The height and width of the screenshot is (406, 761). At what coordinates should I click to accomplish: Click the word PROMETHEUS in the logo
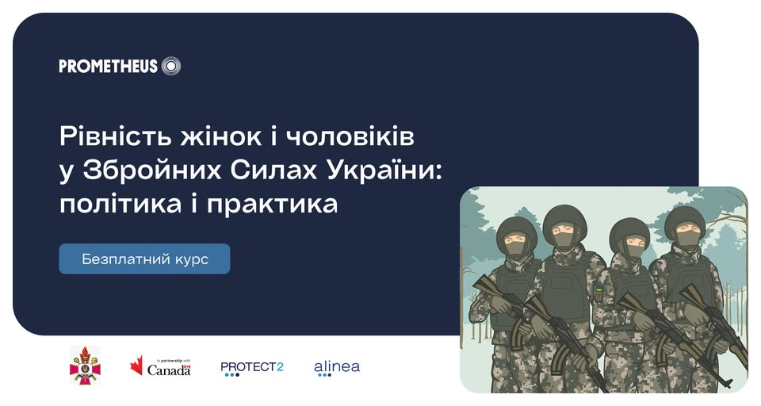(x=109, y=66)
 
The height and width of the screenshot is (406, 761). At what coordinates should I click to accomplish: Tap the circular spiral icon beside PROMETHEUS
(x=171, y=66)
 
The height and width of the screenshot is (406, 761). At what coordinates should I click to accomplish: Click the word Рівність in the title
(x=116, y=136)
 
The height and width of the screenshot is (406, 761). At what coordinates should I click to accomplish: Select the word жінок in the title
(x=221, y=136)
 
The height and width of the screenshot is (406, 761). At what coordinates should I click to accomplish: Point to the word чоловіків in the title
(x=350, y=136)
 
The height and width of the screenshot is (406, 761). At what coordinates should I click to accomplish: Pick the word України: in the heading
(x=384, y=170)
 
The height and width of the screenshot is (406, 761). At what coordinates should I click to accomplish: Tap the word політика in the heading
(x=120, y=204)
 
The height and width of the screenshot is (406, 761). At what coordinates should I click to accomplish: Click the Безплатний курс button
(x=144, y=259)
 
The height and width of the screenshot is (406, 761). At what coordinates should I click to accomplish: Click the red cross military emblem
(x=86, y=366)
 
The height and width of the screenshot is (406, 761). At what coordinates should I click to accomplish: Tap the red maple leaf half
(x=136, y=366)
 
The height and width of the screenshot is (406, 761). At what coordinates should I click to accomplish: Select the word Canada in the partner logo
(x=169, y=370)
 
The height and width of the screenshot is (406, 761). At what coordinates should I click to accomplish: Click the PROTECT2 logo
(x=252, y=369)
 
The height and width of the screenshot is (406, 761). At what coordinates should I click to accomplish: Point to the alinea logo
(x=337, y=368)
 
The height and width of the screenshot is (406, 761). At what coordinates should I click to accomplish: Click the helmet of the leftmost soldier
(x=517, y=229)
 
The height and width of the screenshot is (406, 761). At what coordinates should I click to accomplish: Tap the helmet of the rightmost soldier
(x=685, y=220)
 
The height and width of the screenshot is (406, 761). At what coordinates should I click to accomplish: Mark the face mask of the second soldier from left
(x=565, y=240)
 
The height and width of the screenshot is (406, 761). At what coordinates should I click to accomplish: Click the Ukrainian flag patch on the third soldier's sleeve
(x=599, y=291)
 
